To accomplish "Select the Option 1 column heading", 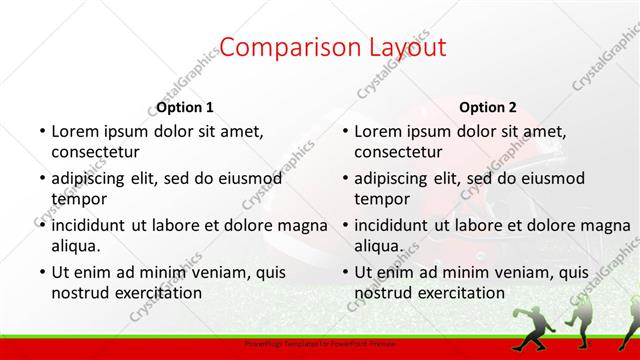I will point(185,107).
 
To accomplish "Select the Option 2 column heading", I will point(488,107).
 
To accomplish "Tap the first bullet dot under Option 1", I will point(41,131).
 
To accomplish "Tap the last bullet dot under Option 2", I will point(344,272).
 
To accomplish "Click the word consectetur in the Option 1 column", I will point(95,152).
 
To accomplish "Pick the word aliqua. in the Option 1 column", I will point(76,246).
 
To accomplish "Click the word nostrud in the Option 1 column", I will point(80,293).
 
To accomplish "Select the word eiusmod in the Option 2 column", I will point(547,178).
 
